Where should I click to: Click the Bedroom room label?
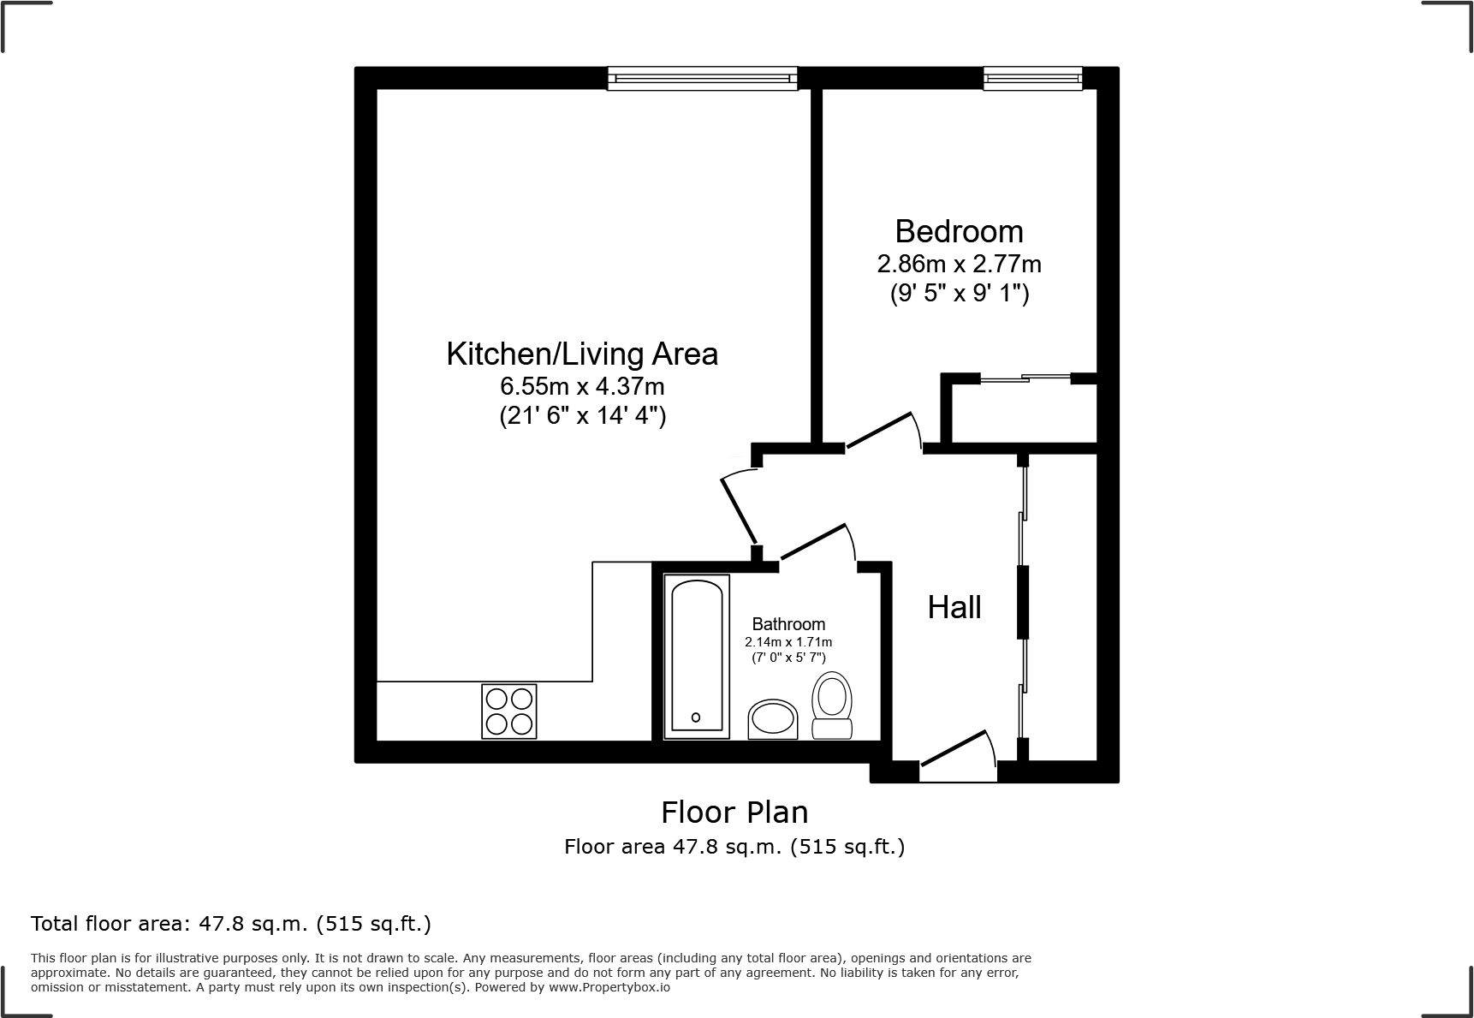959,231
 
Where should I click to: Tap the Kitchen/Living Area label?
582,354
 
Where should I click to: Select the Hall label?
954,607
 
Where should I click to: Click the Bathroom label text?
788,624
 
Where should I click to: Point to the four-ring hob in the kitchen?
509,711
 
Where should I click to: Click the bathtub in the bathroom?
696,656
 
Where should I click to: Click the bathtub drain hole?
696,717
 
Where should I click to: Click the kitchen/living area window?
702,79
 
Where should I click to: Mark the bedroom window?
1032,79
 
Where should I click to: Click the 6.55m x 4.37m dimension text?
582,386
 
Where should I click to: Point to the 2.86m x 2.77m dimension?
959,264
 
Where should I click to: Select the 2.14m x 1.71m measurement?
788,642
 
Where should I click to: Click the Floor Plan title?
734,812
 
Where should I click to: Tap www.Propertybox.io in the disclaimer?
609,987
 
